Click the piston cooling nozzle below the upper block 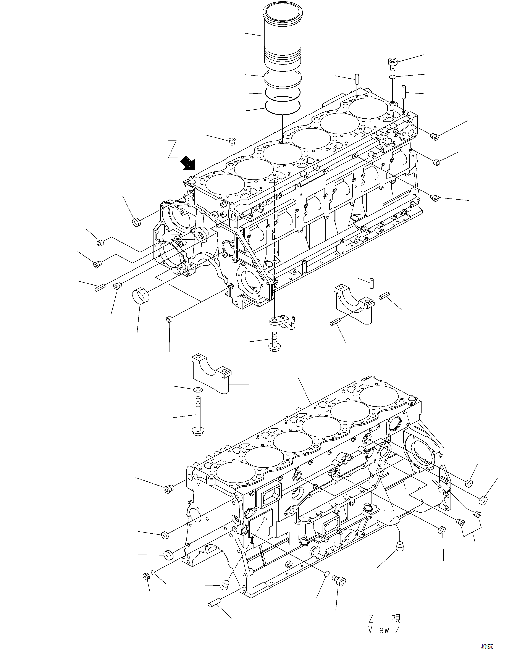(281, 321)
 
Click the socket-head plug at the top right (393, 63)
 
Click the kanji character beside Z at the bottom (396, 618)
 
